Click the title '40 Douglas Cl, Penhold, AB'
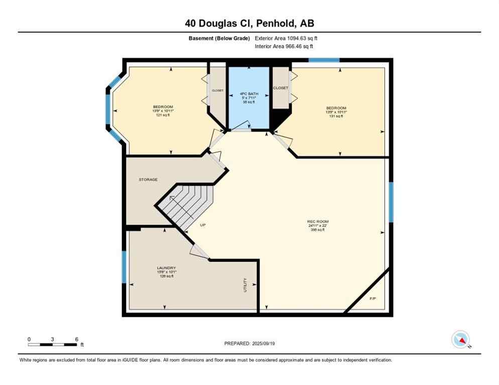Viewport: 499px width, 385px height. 249,23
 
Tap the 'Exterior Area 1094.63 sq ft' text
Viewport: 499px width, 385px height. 286,38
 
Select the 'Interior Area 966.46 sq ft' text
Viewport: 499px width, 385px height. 284,46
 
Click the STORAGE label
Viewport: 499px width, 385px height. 148,179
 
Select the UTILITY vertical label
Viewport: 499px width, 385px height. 245,285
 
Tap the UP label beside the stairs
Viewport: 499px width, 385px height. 203,225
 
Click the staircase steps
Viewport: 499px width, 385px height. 186,203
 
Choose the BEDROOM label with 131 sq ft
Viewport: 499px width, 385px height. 336,112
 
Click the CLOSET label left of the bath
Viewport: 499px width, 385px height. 217,91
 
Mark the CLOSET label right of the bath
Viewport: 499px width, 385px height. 280,88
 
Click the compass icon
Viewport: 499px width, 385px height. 461,340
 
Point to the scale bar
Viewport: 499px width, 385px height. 52,344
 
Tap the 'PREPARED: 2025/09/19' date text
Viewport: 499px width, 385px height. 249,343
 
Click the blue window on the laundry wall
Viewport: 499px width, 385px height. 123,267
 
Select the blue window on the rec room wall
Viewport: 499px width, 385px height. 391,202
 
